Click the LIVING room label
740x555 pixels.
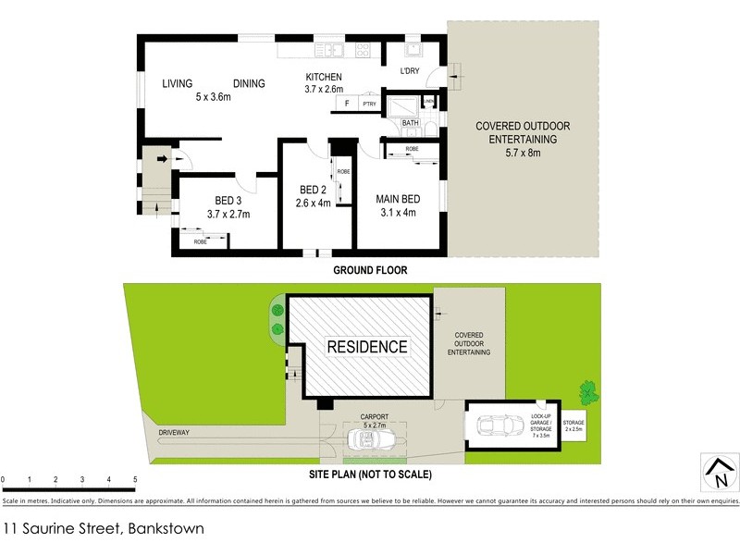177,83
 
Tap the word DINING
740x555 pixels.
249,83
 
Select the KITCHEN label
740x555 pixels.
324,77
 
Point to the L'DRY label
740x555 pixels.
410,71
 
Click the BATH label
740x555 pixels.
410,122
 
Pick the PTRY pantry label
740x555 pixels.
369,105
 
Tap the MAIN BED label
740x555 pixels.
398,199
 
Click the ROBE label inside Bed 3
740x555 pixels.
201,241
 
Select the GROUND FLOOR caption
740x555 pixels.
370,271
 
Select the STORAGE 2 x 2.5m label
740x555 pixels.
574,426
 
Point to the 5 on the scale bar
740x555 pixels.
135,479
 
